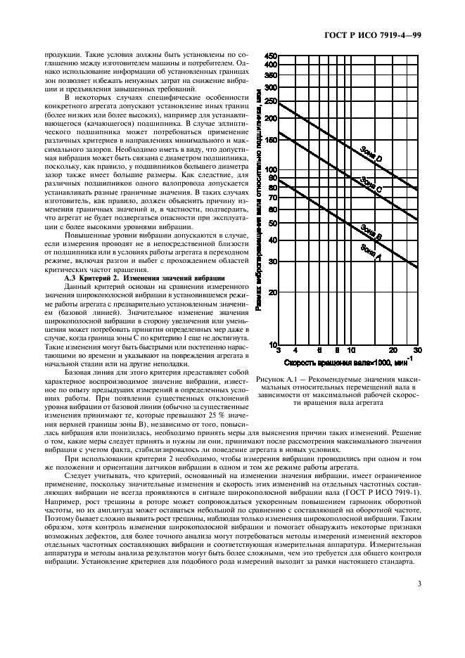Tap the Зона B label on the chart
(371, 233)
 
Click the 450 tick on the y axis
(269, 56)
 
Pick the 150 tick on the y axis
(269, 140)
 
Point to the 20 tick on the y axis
(272, 292)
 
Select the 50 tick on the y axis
(272, 223)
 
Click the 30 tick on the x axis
(417, 350)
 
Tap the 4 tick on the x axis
(295, 350)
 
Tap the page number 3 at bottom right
(419, 583)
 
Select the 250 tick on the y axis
(269, 101)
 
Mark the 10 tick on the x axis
(351, 350)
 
